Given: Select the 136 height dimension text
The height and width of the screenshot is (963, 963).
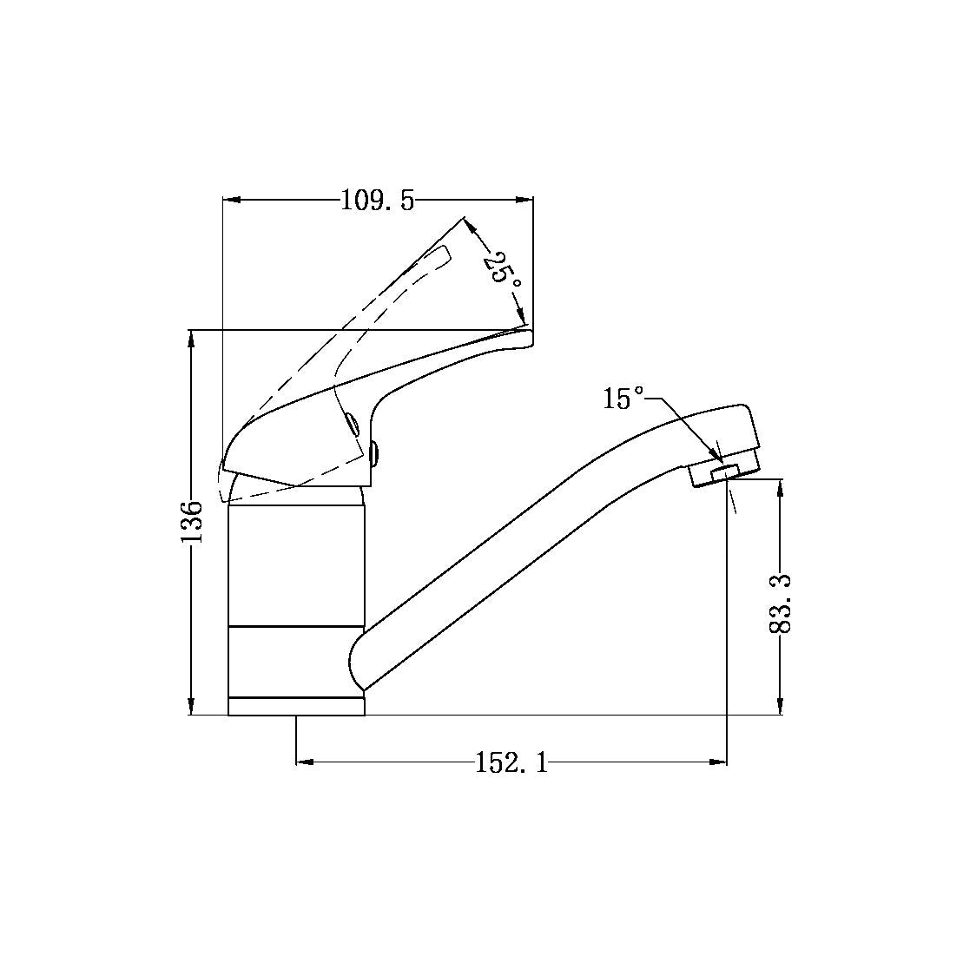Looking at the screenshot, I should [x=192, y=521].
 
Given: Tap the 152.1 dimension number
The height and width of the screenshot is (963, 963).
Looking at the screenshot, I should [x=512, y=763].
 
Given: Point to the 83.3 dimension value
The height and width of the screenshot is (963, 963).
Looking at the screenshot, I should [x=781, y=603].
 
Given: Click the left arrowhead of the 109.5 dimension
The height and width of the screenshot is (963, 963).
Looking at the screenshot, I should [x=231, y=201].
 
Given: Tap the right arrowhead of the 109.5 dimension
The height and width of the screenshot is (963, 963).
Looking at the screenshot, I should [x=524, y=201].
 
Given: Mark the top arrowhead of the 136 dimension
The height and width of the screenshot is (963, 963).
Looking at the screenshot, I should [x=190, y=338].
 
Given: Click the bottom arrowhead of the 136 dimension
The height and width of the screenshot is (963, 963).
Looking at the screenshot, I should [x=190, y=707].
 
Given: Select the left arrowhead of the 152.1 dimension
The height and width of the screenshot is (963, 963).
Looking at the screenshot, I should [x=305, y=762].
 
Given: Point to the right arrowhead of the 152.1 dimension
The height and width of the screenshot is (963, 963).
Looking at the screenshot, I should [x=718, y=762].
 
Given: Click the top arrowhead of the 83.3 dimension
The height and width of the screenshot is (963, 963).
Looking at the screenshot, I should [x=781, y=487].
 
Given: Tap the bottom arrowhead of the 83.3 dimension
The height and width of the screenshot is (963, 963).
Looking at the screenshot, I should [x=781, y=707].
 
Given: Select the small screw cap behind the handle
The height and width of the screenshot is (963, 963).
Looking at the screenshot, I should [x=375, y=453].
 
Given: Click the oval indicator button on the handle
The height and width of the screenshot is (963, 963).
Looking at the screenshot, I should [x=352, y=423].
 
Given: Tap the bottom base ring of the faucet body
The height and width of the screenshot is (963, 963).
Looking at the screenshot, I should [x=296, y=706].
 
